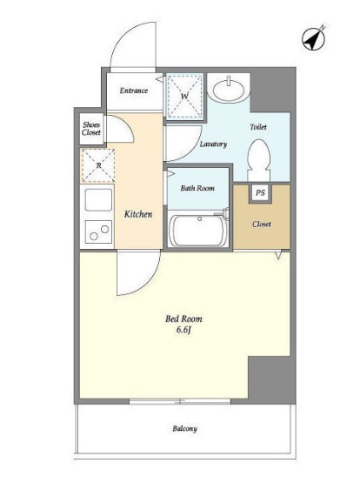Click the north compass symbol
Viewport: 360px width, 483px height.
click(x=314, y=38)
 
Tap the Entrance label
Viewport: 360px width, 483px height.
click(x=134, y=91)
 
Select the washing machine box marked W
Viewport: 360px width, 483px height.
click(x=184, y=96)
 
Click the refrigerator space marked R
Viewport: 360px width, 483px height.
click(x=98, y=165)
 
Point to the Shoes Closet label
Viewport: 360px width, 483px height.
click(x=91, y=129)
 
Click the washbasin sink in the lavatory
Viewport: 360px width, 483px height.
click(x=229, y=89)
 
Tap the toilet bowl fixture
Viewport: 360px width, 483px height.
click(x=259, y=160)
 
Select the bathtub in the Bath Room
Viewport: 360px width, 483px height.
click(x=198, y=230)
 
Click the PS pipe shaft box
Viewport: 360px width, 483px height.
click(x=260, y=193)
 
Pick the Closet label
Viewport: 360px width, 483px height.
click(x=262, y=224)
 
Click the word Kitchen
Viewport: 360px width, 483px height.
click(x=138, y=214)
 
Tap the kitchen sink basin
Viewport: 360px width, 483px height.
click(x=98, y=200)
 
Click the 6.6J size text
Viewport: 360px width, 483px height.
click(x=184, y=330)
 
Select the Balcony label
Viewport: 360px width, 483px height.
click(x=184, y=428)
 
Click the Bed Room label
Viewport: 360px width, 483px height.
click(x=184, y=319)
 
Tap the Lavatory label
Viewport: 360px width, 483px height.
click(x=213, y=144)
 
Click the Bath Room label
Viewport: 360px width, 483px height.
click(x=197, y=188)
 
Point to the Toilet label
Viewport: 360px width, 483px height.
click(x=258, y=126)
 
